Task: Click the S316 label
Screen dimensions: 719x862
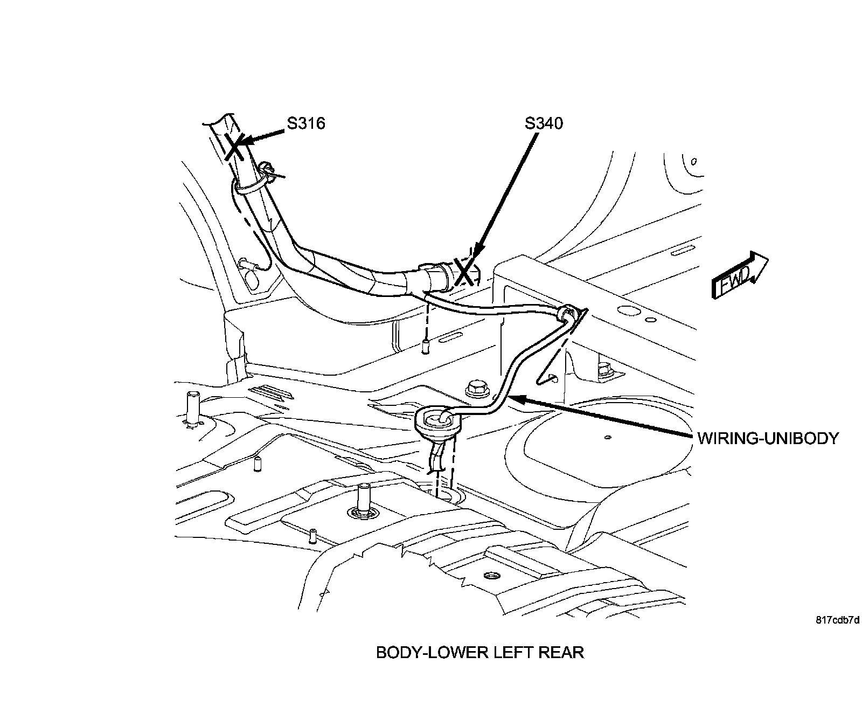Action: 305,123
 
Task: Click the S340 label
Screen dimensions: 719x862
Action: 544,123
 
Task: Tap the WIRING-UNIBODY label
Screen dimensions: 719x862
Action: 768,438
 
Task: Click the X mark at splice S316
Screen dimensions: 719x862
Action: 234,146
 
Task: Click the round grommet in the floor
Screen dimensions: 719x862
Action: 436,420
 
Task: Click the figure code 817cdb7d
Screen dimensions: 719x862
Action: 837,620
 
